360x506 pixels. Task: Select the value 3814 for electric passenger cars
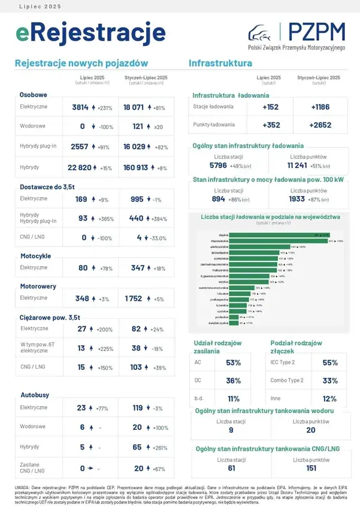(x=80, y=108)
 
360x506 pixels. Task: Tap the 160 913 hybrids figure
(x=136, y=168)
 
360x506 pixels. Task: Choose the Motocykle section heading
(x=35, y=256)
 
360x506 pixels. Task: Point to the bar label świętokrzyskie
(x=217, y=323)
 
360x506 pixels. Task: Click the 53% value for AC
(x=233, y=363)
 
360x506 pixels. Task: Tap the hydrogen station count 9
(x=231, y=430)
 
